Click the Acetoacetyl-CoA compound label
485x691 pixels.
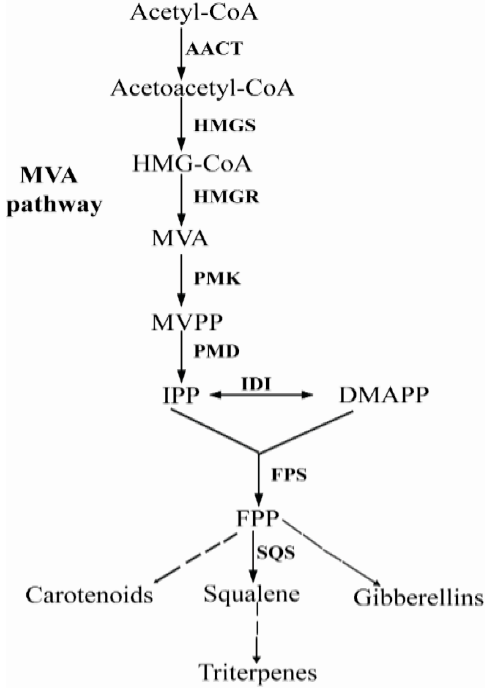202,88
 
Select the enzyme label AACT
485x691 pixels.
214,49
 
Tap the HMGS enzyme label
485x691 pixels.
225,126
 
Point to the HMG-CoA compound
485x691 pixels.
192,164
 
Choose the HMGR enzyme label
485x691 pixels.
226,197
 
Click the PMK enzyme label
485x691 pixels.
217,278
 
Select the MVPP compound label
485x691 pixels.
187,322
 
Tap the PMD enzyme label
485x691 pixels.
217,351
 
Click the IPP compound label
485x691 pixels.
181,395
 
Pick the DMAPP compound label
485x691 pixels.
384,395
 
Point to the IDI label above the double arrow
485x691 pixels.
256,384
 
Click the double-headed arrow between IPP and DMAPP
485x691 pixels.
261,395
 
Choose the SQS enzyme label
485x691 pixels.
276,552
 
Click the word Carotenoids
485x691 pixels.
89,595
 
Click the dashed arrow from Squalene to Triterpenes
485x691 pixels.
257,633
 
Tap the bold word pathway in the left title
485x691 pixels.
54,206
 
